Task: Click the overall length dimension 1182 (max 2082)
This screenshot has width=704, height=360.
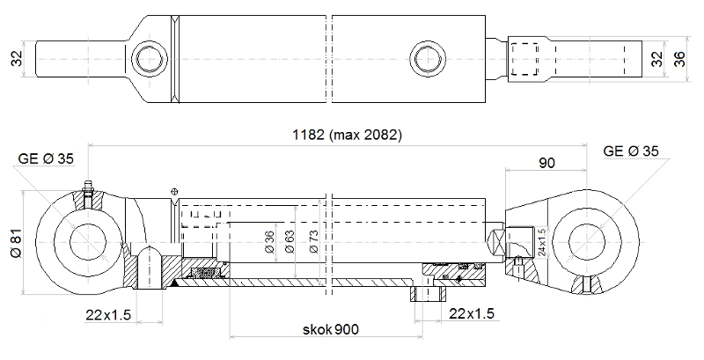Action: (x=347, y=135)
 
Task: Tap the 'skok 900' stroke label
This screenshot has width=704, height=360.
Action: (x=331, y=329)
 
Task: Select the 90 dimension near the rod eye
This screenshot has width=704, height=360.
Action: (x=546, y=163)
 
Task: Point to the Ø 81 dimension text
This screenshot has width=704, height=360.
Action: (x=16, y=245)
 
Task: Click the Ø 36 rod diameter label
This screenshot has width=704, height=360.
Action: (x=269, y=242)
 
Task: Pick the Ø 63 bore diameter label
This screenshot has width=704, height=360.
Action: (x=290, y=241)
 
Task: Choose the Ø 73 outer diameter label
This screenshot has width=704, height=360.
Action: (x=313, y=241)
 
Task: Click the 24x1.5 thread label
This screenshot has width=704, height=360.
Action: (x=542, y=242)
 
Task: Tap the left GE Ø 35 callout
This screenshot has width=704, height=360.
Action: (x=46, y=158)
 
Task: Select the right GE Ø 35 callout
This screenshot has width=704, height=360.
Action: (x=631, y=151)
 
